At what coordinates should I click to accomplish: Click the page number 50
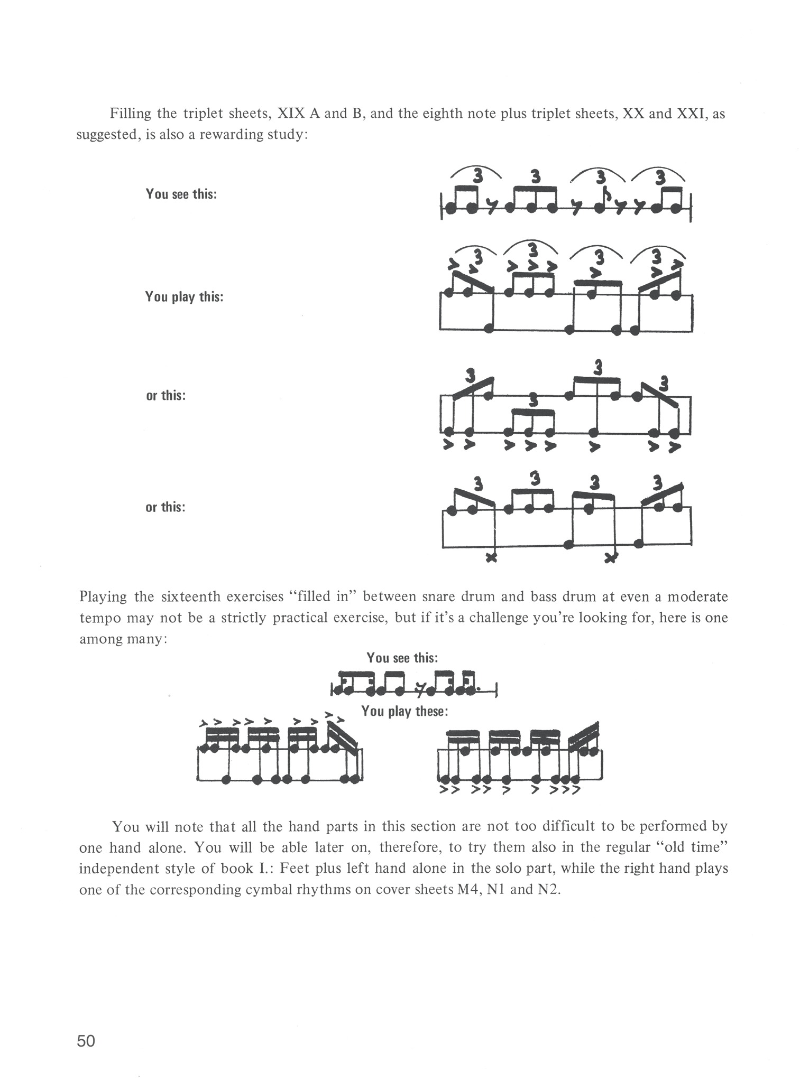pyautogui.click(x=86, y=1041)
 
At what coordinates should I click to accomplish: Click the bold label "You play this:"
pyautogui.click(x=184, y=297)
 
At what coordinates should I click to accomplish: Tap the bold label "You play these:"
pyautogui.click(x=404, y=712)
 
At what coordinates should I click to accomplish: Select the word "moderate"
pyautogui.click(x=697, y=596)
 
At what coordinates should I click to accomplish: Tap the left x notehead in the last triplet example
pyautogui.click(x=491, y=557)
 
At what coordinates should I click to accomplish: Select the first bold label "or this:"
pyautogui.click(x=166, y=395)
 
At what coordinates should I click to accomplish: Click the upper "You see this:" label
pyautogui.click(x=181, y=194)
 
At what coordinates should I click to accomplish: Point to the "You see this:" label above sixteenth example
pyautogui.click(x=402, y=658)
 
